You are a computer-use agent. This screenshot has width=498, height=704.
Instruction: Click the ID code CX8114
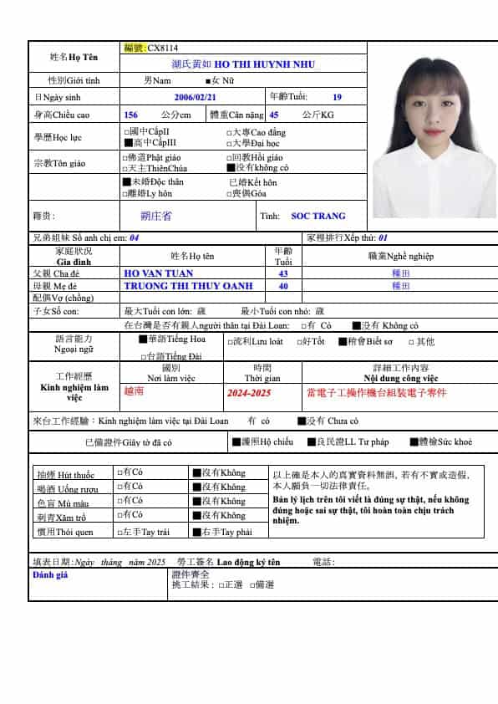click(x=162, y=48)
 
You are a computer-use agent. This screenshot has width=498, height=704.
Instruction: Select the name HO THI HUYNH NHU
click(x=265, y=64)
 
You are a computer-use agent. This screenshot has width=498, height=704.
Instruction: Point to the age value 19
click(x=337, y=97)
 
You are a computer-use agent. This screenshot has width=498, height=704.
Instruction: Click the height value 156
click(x=130, y=115)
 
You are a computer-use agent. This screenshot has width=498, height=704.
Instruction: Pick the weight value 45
click(x=274, y=115)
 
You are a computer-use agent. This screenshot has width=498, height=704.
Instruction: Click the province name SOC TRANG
click(x=312, y=216)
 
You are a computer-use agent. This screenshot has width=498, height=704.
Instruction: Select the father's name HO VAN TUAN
click(x=158, y=273)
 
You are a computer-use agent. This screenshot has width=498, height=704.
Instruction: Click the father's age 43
click(x=282, y=273)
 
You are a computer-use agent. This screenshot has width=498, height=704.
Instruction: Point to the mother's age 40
click(x=282, y=285)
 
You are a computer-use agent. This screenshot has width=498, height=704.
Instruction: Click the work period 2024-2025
click(x=249, y=392)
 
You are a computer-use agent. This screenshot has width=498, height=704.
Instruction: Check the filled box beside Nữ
click(x=209, y=80)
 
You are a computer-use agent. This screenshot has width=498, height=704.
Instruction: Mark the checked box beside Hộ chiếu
click(x=235, y=441)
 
